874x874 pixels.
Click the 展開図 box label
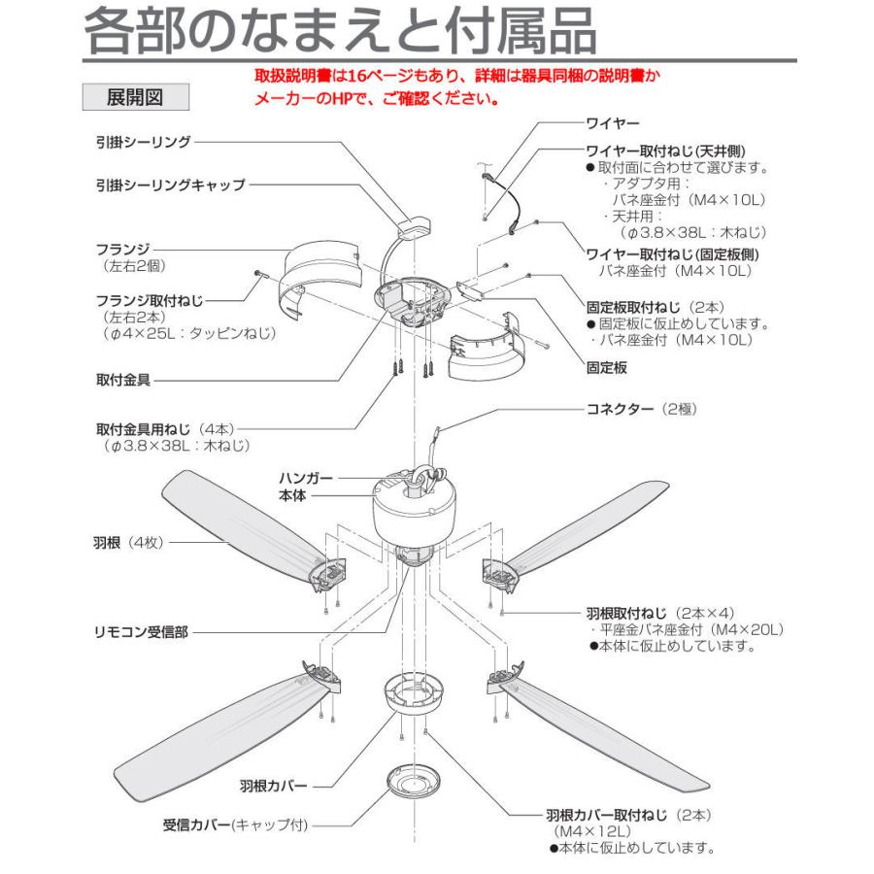pos(134,97)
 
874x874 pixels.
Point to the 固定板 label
pos(607,368)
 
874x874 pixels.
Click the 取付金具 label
pos(122,375)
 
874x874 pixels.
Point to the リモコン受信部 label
pos(136,631)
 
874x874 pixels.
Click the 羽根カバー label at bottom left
pos(273,783)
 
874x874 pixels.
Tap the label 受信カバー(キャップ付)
pos(234,825)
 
